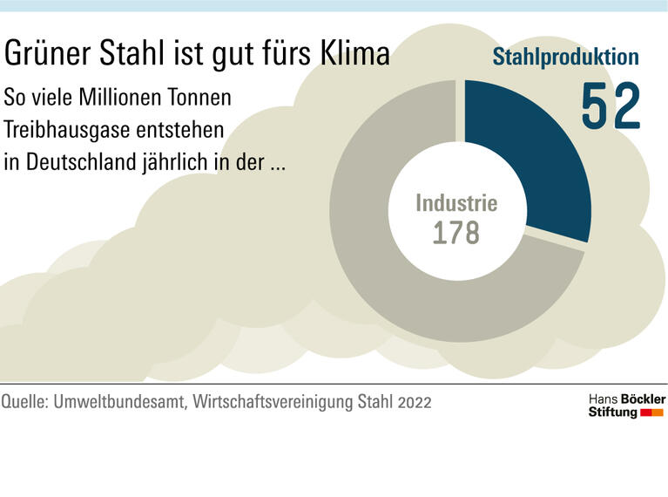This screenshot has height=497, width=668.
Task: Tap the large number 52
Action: click(x=611, y=106)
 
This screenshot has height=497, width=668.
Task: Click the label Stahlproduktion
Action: click(x=566, y=58)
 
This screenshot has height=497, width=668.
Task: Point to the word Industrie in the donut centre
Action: click(x=456, y=204)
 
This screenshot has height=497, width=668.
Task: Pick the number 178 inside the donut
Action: click(x=456, y=234)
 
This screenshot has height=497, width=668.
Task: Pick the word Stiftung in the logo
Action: click(x=613, y=412)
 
